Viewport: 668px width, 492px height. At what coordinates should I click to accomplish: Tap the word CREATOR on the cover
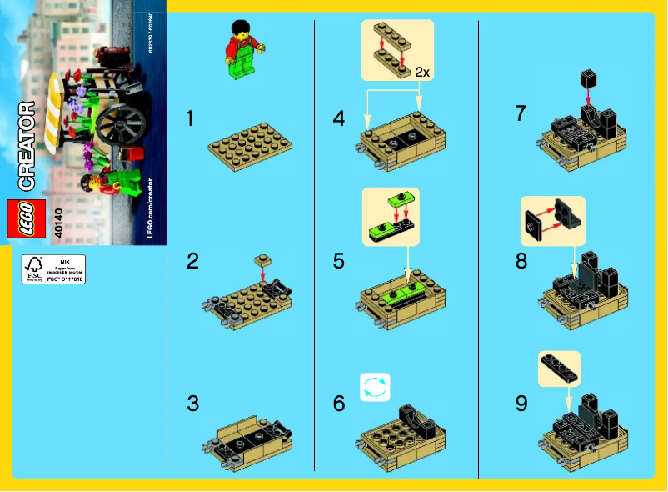click(26, 145)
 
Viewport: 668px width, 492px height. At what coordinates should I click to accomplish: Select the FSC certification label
click(53, 269)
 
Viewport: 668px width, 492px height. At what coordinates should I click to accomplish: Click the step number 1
click(192, 119)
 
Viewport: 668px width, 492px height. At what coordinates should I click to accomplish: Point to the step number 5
click(338, 261)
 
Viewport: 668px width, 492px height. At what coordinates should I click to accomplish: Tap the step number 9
click(521, 404)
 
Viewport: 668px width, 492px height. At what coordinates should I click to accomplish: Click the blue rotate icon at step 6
click(375, 388)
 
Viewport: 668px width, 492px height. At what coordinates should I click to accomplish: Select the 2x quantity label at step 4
click(422, 73)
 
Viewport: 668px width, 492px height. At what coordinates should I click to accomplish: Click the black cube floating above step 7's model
click(588, 80)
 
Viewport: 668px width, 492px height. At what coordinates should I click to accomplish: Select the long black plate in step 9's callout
click(559, 366)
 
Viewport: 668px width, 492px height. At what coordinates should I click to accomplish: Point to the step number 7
click(521, 113)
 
